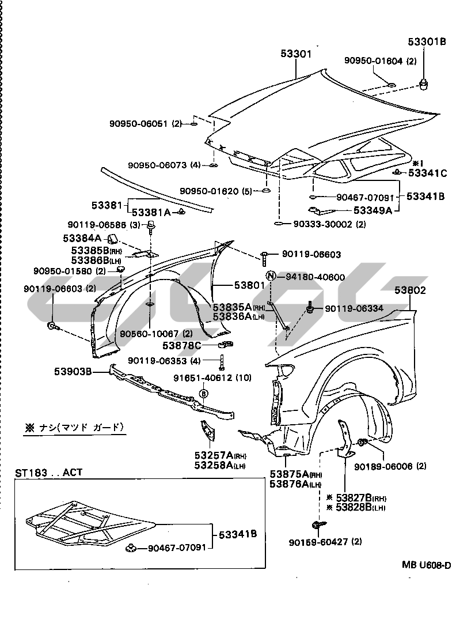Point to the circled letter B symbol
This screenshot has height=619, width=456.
(x=203, y=393)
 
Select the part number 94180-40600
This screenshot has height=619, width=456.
(x=314, y=277)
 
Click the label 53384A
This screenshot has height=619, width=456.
(x=82, y=237)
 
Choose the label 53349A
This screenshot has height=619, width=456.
(x=373, y=210)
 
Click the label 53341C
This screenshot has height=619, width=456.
(x=427, y=172)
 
